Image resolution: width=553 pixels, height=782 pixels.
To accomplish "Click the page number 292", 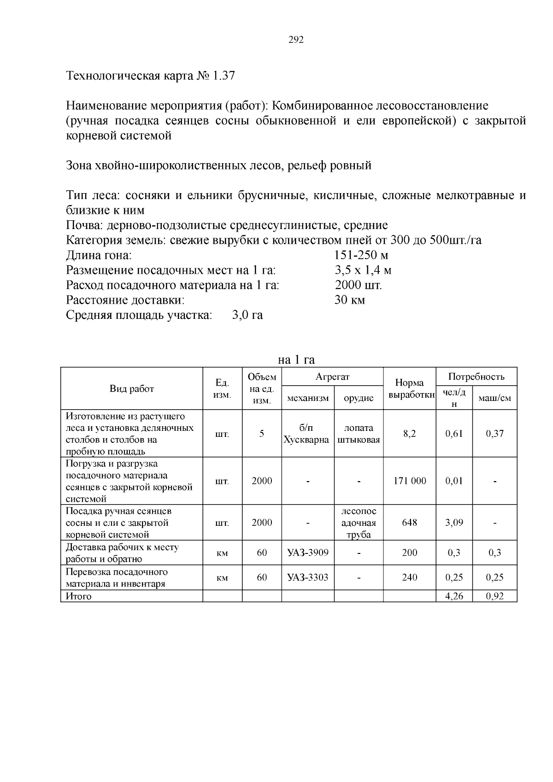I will pyautogui.click(x=296, y=40).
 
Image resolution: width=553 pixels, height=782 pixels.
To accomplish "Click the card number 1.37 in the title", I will pyautogui.click(x=224, y=76).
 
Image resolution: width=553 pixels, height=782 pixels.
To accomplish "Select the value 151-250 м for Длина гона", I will pyautogui.click(x=361, y=255).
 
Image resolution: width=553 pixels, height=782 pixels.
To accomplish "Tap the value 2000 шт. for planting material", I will pyautogui.click(x=359, y=285).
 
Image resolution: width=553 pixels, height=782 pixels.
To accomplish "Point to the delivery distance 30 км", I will pyautogui.click(x=350, y=300).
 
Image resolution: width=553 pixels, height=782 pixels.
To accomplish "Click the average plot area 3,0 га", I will pyautogui.click(x=248, y=315).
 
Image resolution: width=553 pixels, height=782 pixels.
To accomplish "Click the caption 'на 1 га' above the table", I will pyautogui.click(x=296, y=359).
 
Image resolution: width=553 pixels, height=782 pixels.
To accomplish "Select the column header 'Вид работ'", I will pyautogui.click(x=132, y=388).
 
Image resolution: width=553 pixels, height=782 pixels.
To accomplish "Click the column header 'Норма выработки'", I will pyautogui.click(x=410, y=388).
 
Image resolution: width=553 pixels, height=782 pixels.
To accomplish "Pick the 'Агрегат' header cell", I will pyautogui.click(x=332, y=376).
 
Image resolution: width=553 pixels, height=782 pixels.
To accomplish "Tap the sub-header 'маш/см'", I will pyautogui.click(x=494, y=398).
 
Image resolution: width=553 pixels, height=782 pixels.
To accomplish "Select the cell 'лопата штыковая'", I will pyautogui.click(x=359, y=434).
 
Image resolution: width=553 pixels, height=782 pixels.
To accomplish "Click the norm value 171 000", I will pyautogui.click(x=410, y=481).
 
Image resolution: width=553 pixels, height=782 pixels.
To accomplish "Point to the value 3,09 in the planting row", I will pyautogui.click(x=454, y=523).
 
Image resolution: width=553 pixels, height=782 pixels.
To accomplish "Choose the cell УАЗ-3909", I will pyautogui.click(x=307, y=553).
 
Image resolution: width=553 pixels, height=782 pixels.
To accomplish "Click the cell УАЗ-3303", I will pyautogui.click(x=307, y=577).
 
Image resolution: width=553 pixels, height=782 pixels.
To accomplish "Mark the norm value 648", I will pyautogui.click(x=410, y=523).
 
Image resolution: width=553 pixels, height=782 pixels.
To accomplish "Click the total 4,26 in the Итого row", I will pyautogui.click(x=454, y=596).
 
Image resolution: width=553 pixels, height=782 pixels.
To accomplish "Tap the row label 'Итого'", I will pyautogui.click(x=79, y=596).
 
